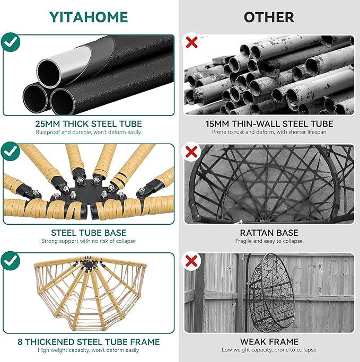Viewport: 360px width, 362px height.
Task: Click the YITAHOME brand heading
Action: (x=89, y=17)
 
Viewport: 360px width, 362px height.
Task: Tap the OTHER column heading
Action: (x=269, y=17)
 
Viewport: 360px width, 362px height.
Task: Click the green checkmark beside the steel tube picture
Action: (x=11, y=42)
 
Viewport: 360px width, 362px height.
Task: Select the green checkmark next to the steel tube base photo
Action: (x=11, y=151)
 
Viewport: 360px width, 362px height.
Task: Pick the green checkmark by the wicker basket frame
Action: (x=11, y=261)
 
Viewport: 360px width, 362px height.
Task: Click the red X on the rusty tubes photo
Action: (x=191, y=42)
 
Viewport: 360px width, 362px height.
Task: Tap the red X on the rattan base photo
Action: (x=191, y=152)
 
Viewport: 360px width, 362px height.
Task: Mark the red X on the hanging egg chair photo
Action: (x=191, y=261)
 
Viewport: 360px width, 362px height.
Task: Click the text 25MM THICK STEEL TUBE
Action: (x=89, y=123)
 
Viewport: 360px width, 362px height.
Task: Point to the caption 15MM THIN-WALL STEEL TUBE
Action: (x=269, y=123)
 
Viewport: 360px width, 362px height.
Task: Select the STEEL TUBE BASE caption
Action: (x=89, y=233)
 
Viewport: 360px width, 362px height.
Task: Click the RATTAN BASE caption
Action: (x=269, y=233)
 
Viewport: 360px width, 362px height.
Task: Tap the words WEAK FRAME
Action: (x=269, y=342)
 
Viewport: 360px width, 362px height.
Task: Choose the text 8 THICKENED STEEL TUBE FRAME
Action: (x=89, y=342)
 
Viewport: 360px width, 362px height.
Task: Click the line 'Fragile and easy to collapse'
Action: (x=269, y=241)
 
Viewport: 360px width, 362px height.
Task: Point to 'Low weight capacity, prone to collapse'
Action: (x=269, y=350)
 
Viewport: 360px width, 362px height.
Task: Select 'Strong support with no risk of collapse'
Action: (x=89, y=241)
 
